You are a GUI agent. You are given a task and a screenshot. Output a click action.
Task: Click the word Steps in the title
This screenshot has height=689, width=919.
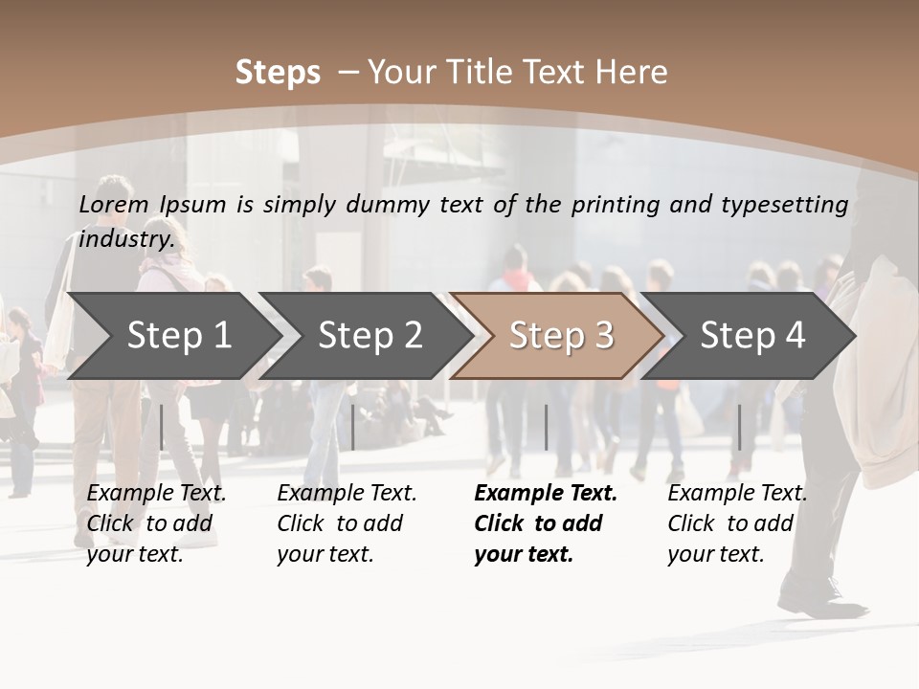278,72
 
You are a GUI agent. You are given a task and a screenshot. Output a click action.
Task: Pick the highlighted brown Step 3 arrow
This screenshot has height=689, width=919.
561,335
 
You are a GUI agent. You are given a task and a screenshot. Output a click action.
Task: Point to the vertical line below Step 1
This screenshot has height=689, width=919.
162,427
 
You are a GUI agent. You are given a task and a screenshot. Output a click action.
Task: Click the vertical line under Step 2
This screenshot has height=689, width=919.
353,427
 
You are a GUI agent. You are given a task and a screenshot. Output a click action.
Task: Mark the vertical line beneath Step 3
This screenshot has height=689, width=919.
546,427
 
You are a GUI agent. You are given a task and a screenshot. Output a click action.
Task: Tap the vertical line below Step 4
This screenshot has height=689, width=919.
739,427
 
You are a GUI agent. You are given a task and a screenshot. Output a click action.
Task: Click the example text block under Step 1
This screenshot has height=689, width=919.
156,523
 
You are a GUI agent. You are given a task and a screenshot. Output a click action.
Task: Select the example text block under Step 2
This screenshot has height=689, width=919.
347,523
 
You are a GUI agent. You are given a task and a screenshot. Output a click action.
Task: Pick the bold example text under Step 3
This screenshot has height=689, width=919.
546,523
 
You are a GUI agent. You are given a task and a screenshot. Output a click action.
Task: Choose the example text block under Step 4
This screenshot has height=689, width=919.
737,523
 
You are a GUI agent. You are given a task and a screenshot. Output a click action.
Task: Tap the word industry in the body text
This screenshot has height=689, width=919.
126,238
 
